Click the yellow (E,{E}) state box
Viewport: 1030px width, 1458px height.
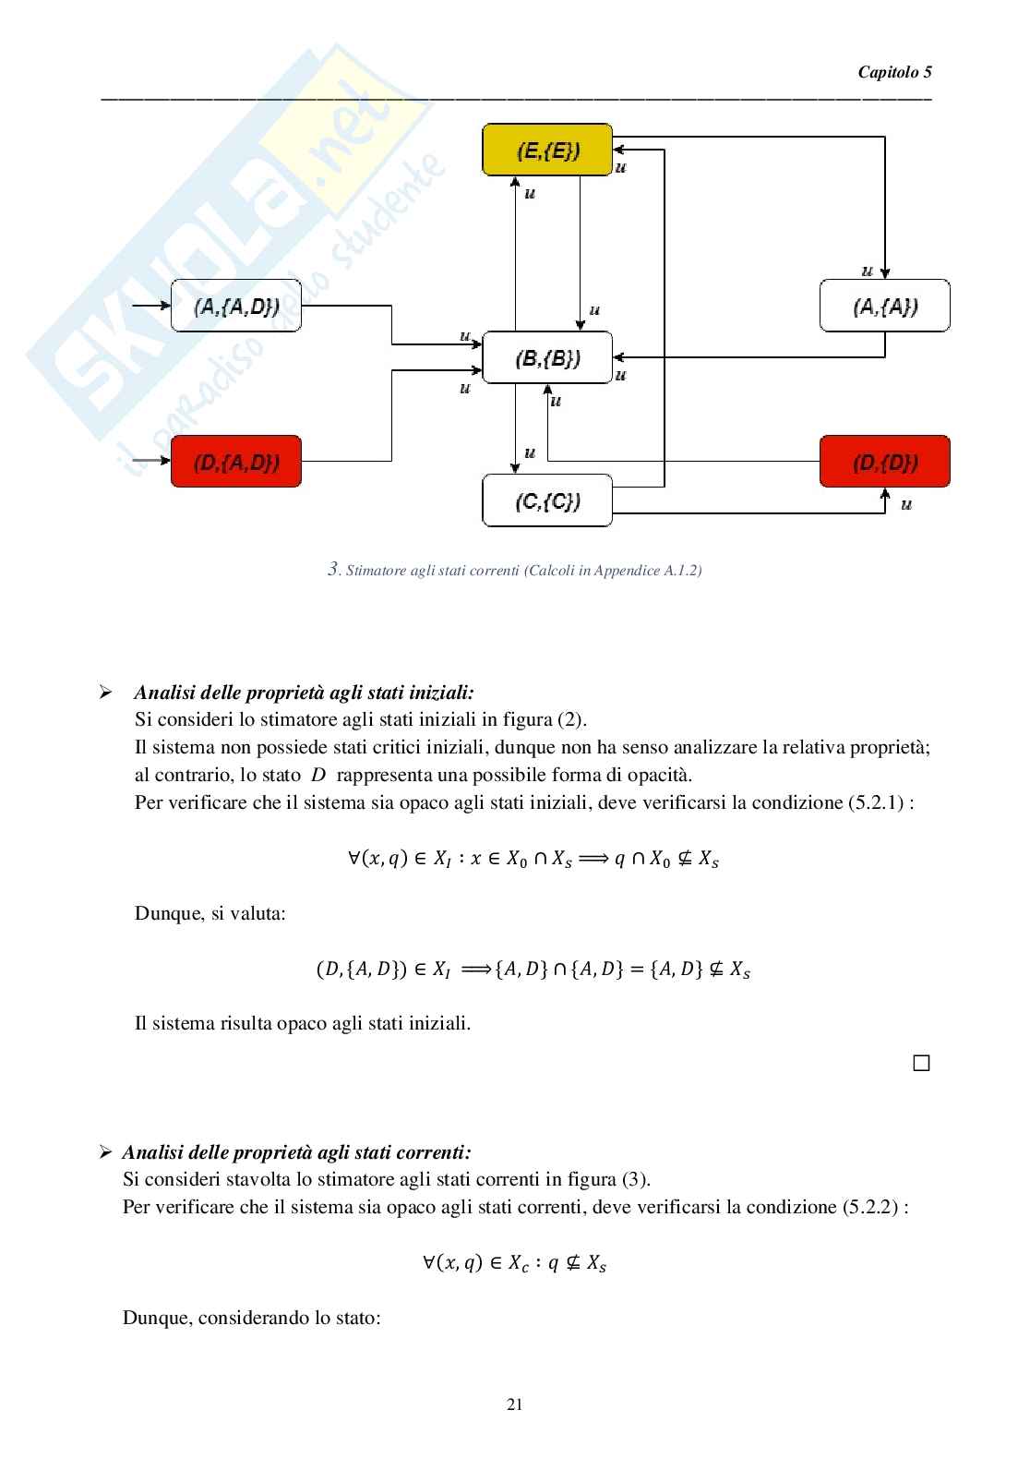coord(547,150)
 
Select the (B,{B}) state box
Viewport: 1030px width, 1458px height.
coord(547,357)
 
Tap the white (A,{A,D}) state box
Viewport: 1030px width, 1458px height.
coord(236,306)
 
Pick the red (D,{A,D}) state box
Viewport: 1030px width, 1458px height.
coord(236,462)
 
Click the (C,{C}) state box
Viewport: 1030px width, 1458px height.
coord(547,500)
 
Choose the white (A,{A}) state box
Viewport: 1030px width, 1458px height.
coord(884,306)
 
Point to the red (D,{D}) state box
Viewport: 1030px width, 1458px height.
coord(884,462)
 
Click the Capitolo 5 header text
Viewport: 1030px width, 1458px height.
coord(894,72)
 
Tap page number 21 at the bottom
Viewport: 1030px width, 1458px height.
coord(515,1404)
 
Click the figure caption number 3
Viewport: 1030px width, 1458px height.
coord(334,570)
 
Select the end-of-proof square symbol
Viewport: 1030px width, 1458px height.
coord(920,1063)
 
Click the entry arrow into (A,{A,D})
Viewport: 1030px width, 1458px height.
coord(151,305)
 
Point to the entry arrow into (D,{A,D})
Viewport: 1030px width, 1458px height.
coord(151,461)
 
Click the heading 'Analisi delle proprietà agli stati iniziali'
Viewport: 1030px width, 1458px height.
coord(304,693)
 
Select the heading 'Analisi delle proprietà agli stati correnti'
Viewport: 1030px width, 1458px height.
coord(296,1152)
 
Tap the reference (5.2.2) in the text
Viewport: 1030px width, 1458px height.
coord(869,1207)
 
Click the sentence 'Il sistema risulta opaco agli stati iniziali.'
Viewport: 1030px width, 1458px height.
coord(303,1023)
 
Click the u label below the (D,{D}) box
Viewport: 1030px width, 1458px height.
coord(906,505)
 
